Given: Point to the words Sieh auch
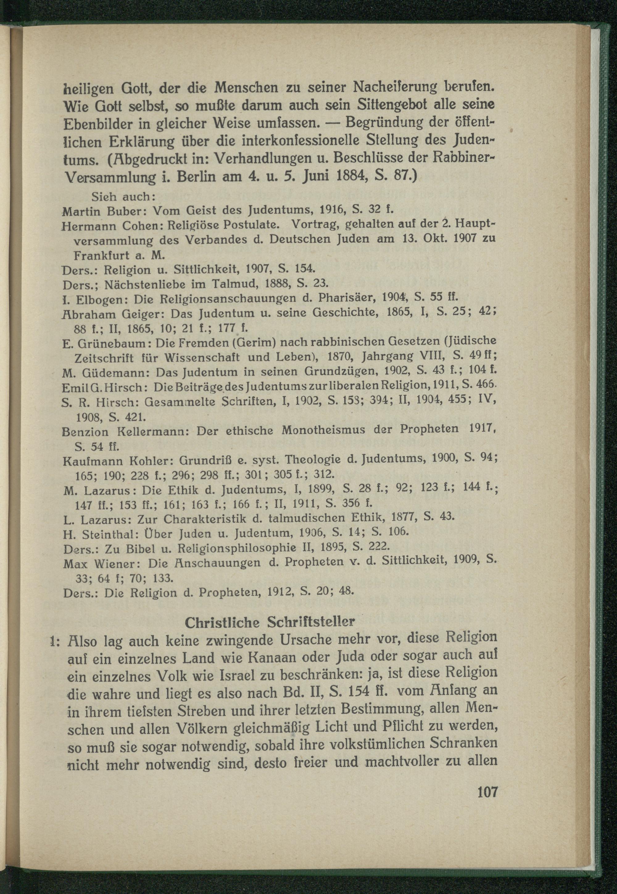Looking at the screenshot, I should [123, 197].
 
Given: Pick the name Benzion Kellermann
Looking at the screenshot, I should [125, 431].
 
